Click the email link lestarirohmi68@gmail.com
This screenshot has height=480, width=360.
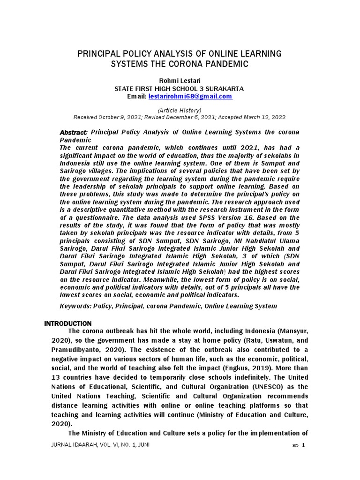click(x=190, y=97)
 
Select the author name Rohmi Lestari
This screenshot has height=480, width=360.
click(x=180, y=80)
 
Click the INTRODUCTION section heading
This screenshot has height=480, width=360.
click(x=68, y=324)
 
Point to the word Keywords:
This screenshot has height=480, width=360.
click(x=75, y=306)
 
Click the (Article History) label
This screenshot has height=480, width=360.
click(x=180, y=110)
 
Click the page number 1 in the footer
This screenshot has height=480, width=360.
click(x=304, y=445)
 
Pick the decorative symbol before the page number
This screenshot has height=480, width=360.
click(x=294, y=445)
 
